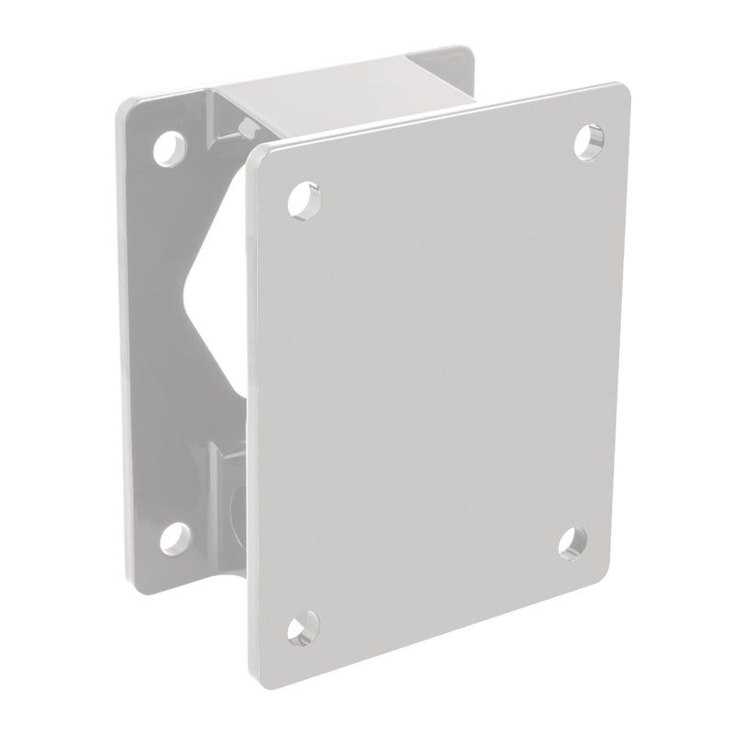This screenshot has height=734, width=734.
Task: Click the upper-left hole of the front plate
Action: coord(304,199)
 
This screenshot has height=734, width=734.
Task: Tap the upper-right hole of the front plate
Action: coord(588,141)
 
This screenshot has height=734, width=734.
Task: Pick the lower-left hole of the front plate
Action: coord(302,628)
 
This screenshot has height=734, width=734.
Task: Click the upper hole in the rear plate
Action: coord(169,148)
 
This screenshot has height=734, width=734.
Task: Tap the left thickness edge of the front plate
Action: coord(250,413)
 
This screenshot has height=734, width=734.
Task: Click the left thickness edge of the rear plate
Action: coord(122,349)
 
